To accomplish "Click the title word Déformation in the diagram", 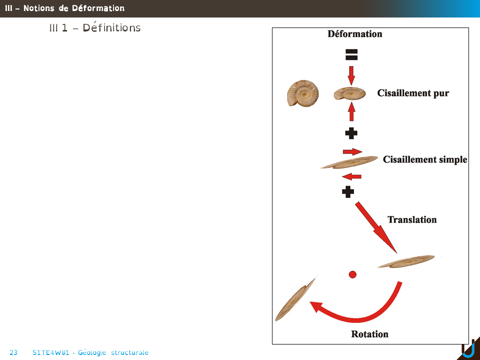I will pyautogui.click(x=354, y=34).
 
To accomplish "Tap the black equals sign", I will pyautogui.click(x=351, y=55).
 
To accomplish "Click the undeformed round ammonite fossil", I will pyautogui.click(x=303, y=93).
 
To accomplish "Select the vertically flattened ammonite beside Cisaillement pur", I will pyautogui.click(x=349, y=93).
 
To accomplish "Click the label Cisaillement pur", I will pyautogui.click(x=413, y=93).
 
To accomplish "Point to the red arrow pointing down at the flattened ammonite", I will pyautogui.click(x=351, y=75).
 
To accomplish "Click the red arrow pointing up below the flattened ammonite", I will pyautogui.click(x=351, y=111).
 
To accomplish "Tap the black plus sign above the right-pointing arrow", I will pyautogui.click(x=351, y=133).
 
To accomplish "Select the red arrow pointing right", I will pyautogui.click(x=352, y=151).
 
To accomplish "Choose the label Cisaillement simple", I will pyautogui.click(x=425, y=159).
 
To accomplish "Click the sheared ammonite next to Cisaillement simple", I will pyautogui.click(x=349, y=162).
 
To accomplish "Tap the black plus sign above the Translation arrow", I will pyautogui.click(x=348, y=191).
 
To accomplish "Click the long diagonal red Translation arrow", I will pyautogui.click(x=376, y=227).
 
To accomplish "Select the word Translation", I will pyautogui.click(x=412, y=219).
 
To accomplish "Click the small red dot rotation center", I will pyautogui.click(x=352, y=274).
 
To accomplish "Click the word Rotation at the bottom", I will pyautogui.click(x=369, y=333).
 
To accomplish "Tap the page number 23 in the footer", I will pyautogui.click(x=13, y=352).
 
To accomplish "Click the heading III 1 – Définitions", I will pyautogui.click(x=94, y=28).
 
